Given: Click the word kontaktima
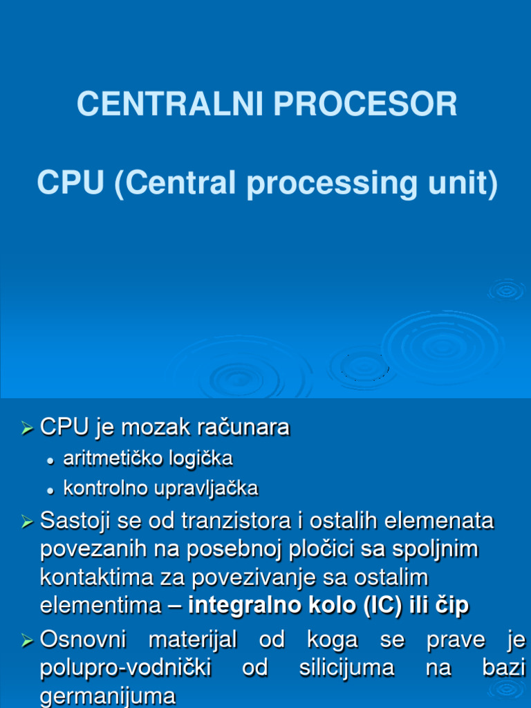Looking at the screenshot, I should pos(93,577).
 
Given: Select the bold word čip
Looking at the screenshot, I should pos(451,606).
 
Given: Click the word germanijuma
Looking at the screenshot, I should pos(108,697).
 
